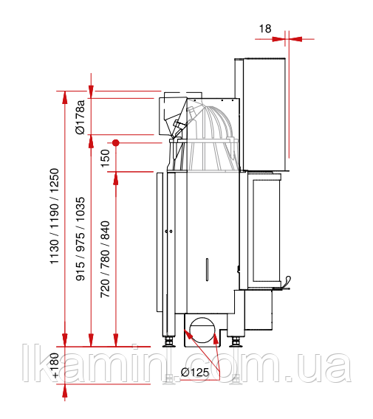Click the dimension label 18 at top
click(265, 29)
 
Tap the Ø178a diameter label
click(80, 117)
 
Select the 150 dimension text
click(105, 158)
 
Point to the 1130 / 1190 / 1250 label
click(54, 216)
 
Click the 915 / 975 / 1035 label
click(80, 239)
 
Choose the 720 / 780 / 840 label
click(105, 259)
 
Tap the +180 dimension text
click(55, 366)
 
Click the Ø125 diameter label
click(195, 372)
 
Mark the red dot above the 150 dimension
click(115, 143)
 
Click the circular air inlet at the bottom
click(202, 330)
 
